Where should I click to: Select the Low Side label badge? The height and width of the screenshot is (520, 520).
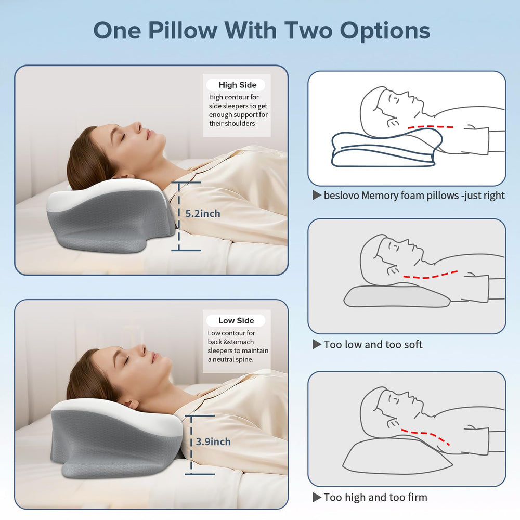[x=236, y=320]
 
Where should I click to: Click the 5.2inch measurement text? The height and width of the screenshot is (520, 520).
[x=203, y=214]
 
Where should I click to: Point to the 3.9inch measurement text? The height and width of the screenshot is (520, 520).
[x=213, y=441]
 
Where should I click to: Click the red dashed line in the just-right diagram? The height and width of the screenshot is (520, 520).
[x=431, y=127]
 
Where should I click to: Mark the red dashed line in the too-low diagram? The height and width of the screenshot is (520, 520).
[x=431, y=276]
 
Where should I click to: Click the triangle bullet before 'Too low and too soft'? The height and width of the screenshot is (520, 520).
[x=317, y=345]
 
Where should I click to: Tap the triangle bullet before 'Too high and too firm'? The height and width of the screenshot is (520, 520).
[x=317, y=497]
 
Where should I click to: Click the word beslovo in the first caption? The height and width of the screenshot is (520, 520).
[x=341, y=196]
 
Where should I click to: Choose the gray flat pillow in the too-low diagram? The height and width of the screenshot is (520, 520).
[x=397, y=296]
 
